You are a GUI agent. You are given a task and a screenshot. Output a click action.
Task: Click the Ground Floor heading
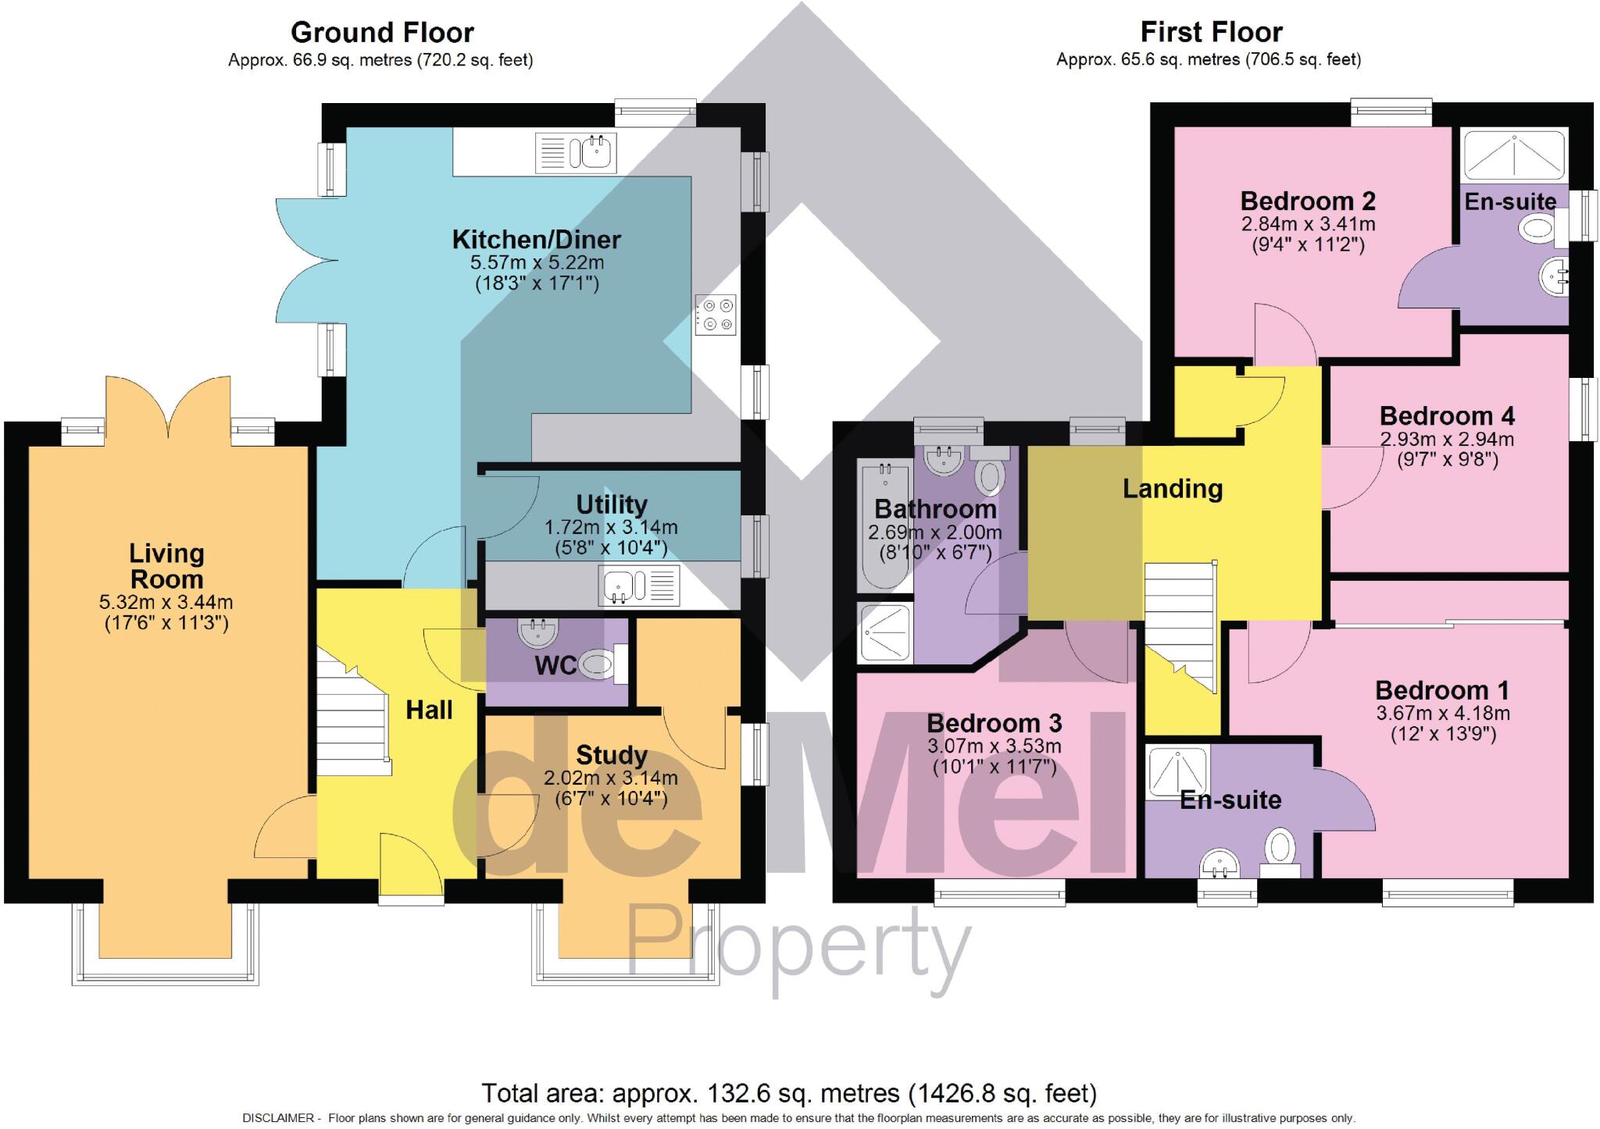tap(382, 33)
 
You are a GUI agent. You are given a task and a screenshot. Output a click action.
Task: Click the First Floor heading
tap(1211, 33)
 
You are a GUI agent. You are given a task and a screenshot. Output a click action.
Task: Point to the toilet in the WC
tap(600, 665)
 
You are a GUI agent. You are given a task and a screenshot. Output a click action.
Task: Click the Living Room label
tap(166, 566)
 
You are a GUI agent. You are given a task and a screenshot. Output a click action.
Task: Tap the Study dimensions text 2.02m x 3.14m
tap(611, 778)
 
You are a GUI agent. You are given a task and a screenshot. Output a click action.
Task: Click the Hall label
tap(429, 710)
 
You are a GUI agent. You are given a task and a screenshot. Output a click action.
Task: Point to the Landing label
tap(1172, 489)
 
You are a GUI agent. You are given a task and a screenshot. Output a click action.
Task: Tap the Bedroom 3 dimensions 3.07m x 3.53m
tap(994, 746)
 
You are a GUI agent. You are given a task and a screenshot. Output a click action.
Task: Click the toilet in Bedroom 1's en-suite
tap(1280, 849)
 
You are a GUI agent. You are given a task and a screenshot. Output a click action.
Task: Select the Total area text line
tap(789, 1093)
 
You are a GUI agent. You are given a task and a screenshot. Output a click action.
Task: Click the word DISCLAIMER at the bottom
tap(278, 1118)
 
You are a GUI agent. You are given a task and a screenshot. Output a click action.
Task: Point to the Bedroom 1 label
tap(1441, 690)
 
